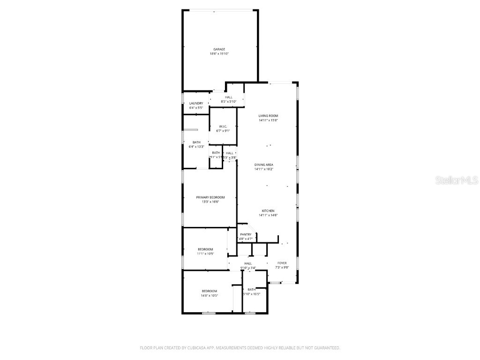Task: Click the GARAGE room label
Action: point(219,49)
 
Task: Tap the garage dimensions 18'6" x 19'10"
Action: point(219,54)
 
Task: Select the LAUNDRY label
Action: point(196,103)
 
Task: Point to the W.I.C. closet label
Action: point(223,127)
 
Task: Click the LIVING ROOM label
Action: point(269,116)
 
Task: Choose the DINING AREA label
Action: point(264,165)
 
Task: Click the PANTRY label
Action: point(246,234)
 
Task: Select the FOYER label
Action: point(282,263)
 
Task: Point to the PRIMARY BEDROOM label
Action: point(210,197)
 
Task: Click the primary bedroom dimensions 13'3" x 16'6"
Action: point(210,202)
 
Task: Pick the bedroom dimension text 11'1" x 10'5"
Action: point(205,254)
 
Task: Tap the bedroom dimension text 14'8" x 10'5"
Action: point(210,295)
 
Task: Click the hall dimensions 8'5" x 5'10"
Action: point(229,101)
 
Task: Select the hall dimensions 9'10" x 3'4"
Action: point(248,268)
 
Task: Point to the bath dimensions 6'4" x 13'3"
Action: point(196,147)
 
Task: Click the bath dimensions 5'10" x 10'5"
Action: point(252,294)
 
